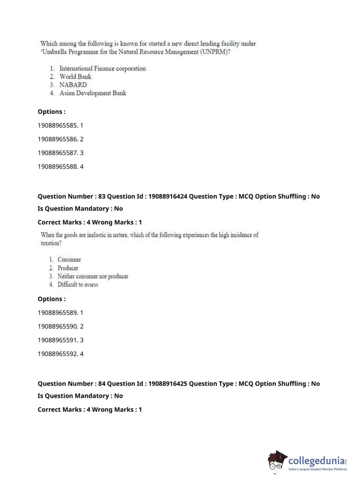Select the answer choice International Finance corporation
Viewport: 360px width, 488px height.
[102, 68]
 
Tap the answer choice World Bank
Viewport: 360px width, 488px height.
[76, 77]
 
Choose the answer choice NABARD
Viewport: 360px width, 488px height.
[73, 85]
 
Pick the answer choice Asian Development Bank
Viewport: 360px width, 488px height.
[93, 93]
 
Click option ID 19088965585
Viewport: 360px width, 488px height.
[58, 126]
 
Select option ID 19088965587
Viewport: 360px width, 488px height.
[58, 153]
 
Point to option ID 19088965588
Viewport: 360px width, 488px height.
[58, 167]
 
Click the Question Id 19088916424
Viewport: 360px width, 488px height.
[168, 196]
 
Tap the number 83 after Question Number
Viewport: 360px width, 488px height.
[102, 196]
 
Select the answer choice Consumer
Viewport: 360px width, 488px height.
[69, 260]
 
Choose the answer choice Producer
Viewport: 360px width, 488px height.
[68, 268]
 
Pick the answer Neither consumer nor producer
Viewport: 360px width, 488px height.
[93, 276]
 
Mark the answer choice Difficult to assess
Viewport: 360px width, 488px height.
[78, 285]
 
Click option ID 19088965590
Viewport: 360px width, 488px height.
[58, 326]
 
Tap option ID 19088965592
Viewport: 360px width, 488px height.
[58, 354]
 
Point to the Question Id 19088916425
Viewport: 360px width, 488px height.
[168, 384]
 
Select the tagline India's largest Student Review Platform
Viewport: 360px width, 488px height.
[318, 469]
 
